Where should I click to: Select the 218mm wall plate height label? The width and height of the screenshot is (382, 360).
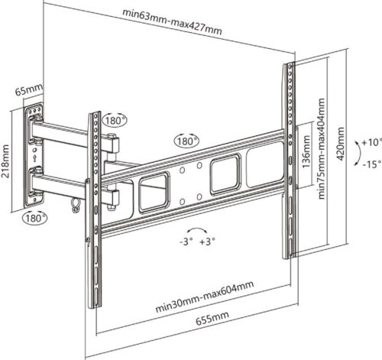tap(7, 161)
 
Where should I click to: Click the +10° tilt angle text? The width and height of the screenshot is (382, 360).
tap(371, 142)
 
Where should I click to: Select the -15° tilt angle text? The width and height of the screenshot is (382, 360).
tap(371, 164)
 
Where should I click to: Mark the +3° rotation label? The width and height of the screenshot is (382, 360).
tap(207, 242)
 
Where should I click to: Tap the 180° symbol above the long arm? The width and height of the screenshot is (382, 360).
tap(186, 141)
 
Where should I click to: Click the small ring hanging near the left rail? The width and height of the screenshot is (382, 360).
tap(74, 203)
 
